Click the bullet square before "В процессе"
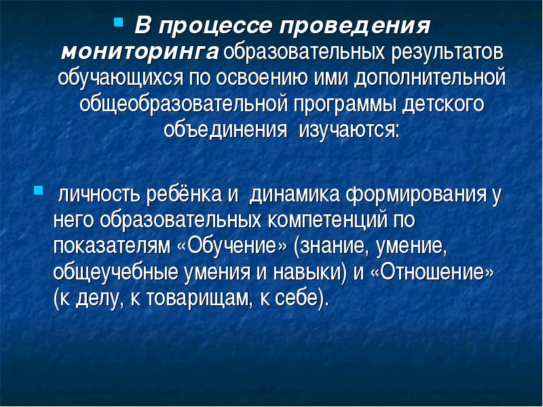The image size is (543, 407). (118, 23)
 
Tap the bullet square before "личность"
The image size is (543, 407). (38, 191)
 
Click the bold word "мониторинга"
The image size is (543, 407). (140, 52)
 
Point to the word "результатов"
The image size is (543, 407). (447, 53)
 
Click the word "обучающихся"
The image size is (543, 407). (120, 79)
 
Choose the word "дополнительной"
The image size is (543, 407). (430, 78)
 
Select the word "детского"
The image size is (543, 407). (443, 104)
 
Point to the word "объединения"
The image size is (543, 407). (225, 130)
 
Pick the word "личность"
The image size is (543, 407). (99, 194)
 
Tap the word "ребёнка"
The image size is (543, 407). (184, 194)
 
